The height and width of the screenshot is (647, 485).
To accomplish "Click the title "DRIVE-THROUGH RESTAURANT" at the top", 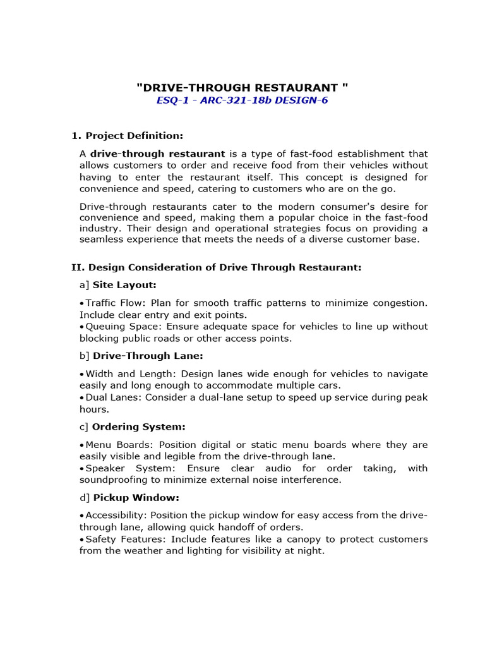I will tap(242, 87).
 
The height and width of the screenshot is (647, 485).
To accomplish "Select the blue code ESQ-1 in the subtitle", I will tap(171, 100).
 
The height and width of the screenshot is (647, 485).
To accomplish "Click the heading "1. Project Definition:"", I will tap(127, 135).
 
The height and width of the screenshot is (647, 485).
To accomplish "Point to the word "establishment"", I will tap(358, 154).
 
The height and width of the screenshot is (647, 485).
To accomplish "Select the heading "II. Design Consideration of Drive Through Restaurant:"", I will tap(216, 268).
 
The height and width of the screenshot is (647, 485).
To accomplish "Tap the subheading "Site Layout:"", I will tap(124, 285).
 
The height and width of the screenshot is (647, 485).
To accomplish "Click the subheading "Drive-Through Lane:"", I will tap(148, 356).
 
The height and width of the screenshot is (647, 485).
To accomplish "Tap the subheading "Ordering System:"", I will tap(139, 427).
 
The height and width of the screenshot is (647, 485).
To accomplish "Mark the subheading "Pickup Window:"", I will tap(136, 498).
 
